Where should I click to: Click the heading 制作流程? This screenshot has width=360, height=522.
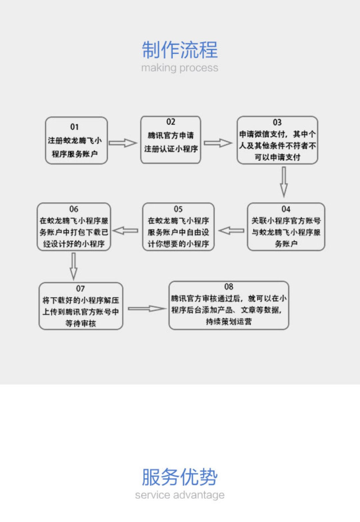pyautogui.click(x=180, y=50)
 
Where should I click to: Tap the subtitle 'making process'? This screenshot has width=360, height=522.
pyautogui.click(x=180, y=68)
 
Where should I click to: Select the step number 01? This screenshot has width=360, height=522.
pyautogui.click(x=74, y=127)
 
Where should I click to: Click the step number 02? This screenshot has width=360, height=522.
pyautogui.click(x=171, y=122)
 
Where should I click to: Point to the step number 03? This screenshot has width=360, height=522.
pyautogui.click(x=277, y=122)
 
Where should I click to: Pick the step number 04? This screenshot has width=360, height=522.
pyautogui.click(x=286, y=209)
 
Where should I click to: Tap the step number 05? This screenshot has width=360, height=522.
pyautogui.click(x=178, y=209)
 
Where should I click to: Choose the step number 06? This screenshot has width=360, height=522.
pyautogui.click(x=74, y=209)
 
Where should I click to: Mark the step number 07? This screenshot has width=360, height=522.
pyautogui.click(x=80, y=288)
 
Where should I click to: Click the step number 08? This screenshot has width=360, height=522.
pyautogui.click(x=229, y=287)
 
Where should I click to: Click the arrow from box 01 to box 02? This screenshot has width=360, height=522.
pyautogui.click(x=123, y=143)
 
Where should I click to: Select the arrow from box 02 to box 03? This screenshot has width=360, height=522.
pyautogui.click(x=218, y=143)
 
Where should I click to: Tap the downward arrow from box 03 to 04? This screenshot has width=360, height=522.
pyautogui.click(x=284, y=182)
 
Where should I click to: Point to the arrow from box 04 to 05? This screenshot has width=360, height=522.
pyautogui.click(x=231, y=231)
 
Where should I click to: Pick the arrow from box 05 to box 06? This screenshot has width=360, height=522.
pyautogui.click(x=126, y=231)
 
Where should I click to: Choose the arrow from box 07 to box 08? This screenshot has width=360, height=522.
pyautogui.click(x=147, y=309)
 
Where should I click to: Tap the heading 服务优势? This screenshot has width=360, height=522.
pyautogui.click(x=180, y=477)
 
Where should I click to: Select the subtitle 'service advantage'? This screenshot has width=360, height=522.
pyautogui.click(x=180, y=495)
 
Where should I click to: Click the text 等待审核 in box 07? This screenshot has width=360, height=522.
pyautogui.click(x=81, y=323)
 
